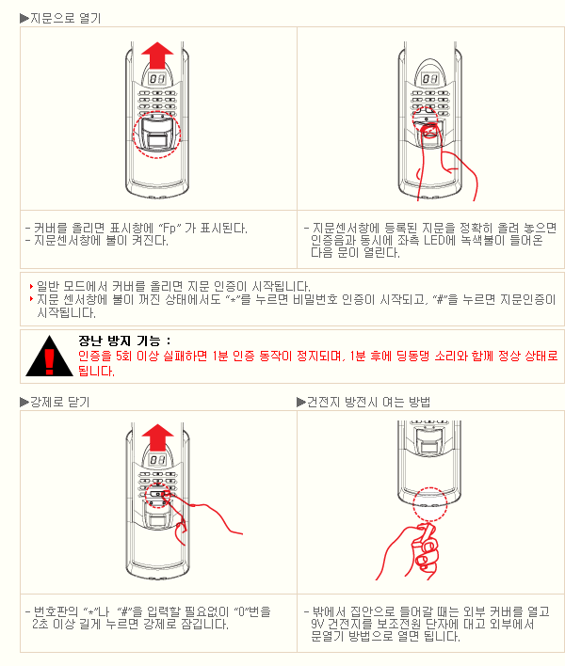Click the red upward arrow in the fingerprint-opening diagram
click(157, 55)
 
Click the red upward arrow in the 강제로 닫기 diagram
click(157, 436)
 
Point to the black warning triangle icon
click(49, 357)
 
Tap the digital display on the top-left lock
click(157, 79)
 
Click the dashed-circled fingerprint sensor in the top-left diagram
click(157, 135)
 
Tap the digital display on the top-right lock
click(429, 79)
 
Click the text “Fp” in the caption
click(169, 229)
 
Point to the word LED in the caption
click(433, 241)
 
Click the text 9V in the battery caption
click(318, 625)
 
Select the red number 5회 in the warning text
click(124, 356)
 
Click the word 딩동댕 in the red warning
click(412, 356)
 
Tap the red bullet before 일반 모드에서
click(31, 286)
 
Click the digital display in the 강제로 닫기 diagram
click(157, 460)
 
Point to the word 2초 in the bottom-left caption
click(40, 625)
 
